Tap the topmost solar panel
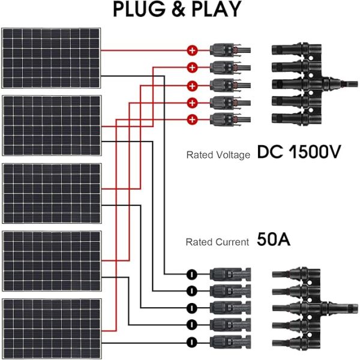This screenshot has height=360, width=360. pyautogui.click(x=51, y=58)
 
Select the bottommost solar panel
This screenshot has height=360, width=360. pyautogui.click(x=51, y=328)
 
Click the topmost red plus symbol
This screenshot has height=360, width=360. pyautogui.click(x=193, y=50)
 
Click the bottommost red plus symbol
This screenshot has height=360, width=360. pyautogui.click(x=193, y=118)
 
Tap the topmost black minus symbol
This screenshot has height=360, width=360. pyautogui.click(x=191, y=274)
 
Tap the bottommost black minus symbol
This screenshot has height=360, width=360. pyautogui.click(x=191, y=341)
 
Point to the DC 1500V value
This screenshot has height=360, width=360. pyautogui.click(x=299, y=153)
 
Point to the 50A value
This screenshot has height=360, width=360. pyautogui.click(x=274, y=241)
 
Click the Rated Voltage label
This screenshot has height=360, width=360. pyautogui.click(x=218, y=155)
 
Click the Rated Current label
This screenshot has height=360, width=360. pyautogui.click(x=217, y=242)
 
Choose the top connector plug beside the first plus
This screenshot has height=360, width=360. pyautogui.click(x=229, y=50)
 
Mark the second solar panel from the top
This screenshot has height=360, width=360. pyautogui.click(x=51, y=125)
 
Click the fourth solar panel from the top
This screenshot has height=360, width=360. pyautogui.click(x=51, y=260)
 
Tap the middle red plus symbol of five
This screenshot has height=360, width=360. pyautogui.click(x=193, y=84)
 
